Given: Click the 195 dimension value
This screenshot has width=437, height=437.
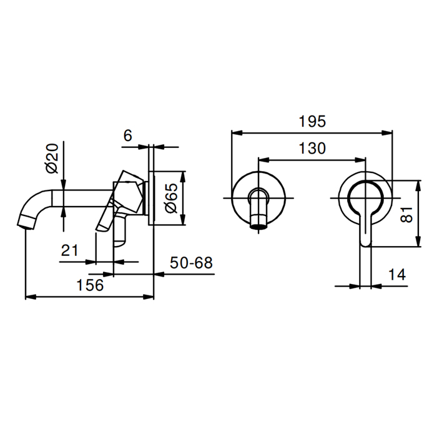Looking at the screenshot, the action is (312, 122).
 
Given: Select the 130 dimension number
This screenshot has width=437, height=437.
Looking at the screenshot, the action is (312, 149).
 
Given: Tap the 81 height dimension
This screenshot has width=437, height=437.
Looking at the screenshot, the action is (406, 214).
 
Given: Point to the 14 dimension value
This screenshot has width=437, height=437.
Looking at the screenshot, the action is (397, 275).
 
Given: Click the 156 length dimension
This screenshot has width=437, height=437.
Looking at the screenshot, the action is (90, 285).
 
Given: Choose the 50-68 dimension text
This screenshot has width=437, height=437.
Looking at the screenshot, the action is (191, 263).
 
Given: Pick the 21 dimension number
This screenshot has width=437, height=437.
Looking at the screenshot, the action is (70, 250).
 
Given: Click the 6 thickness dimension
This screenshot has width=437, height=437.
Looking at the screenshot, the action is (127, 135).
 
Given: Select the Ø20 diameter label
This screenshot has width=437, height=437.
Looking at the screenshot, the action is (52, 158).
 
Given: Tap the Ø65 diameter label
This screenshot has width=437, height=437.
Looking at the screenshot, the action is (171, 198).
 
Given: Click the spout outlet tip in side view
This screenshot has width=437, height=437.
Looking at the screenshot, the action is (26, 225).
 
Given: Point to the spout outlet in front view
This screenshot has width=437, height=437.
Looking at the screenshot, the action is (258, 222).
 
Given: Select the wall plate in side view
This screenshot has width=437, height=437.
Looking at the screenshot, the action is (151, 198).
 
